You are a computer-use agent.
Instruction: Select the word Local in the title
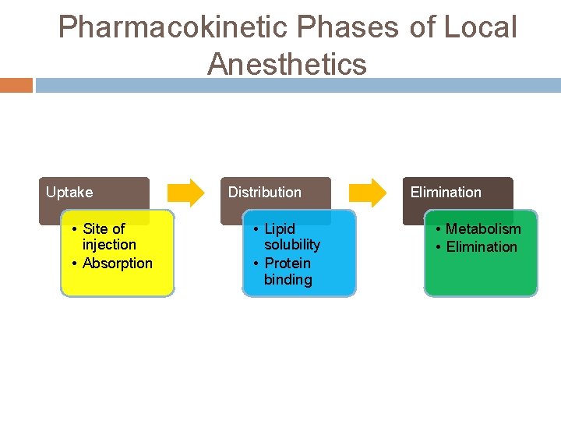coord(480,27)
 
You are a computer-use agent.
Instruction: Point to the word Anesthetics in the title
coord(287,64)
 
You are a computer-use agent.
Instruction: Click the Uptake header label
coord(69,192)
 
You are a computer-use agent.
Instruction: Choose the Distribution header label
coord(264,192)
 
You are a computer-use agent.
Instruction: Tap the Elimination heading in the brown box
coord(446,192)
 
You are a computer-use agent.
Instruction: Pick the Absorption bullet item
coord(117,263)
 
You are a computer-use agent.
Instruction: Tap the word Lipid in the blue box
coord(280,228)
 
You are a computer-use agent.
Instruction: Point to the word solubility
coord(292,245)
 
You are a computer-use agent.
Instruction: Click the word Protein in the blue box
coord(288,263)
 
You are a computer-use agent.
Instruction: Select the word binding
coord(288,279)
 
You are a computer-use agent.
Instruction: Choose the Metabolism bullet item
coord(482,228)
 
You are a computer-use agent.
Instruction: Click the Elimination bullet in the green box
coord(481,246)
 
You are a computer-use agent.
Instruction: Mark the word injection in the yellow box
coord(109,245)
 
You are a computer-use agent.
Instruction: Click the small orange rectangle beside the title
coord(16,85)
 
